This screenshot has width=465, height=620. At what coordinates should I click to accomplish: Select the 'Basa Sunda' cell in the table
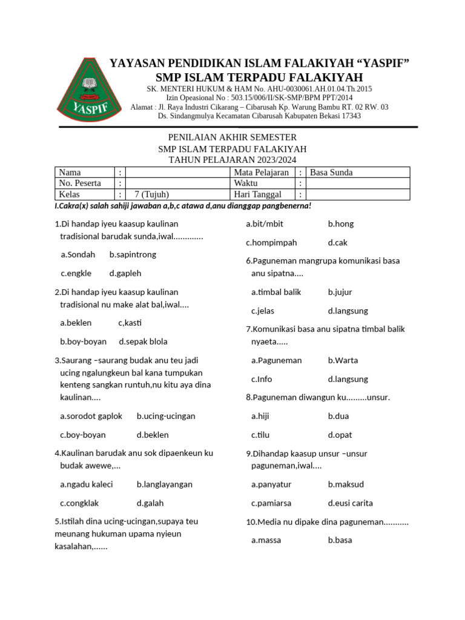331,173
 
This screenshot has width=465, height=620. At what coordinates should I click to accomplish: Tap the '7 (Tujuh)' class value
151,194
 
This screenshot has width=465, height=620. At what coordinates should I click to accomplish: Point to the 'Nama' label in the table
70,173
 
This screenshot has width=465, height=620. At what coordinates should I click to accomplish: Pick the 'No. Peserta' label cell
80,183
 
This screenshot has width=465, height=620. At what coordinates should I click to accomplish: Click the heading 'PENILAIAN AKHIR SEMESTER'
232,137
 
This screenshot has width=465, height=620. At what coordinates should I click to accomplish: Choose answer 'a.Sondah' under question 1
78,255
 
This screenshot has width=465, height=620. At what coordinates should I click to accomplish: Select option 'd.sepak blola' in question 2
143,341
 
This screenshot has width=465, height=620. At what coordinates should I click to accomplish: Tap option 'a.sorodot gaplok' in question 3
91,417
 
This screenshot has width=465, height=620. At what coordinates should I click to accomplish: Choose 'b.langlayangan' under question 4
165,484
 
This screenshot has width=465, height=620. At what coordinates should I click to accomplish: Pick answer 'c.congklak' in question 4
79,503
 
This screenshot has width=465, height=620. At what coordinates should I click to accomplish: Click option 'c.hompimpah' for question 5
271,243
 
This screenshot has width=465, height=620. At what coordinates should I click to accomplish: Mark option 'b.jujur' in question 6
340,292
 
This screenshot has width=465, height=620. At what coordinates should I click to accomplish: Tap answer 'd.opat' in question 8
340,435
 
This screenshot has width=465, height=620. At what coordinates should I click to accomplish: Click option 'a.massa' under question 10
266,540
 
